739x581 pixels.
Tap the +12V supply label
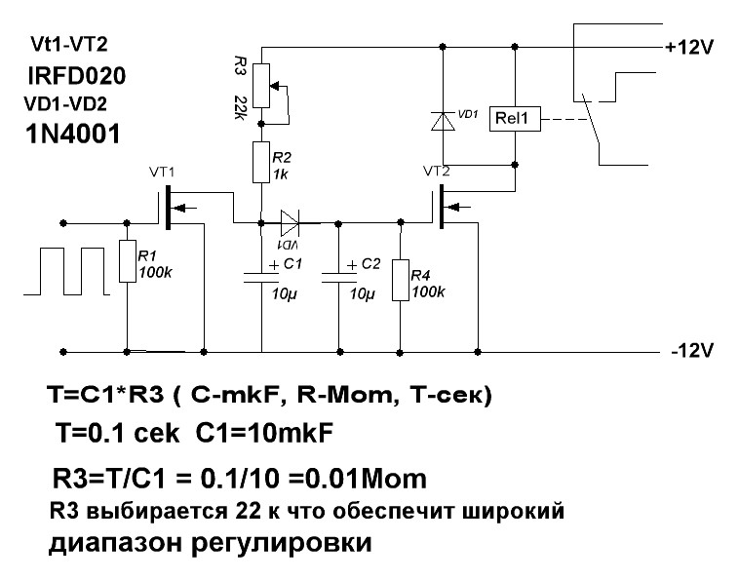[691, 47]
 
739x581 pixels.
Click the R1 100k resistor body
[128, 261]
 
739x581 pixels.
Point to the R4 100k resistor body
[401, 281]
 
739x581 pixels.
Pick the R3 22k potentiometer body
[262, 86]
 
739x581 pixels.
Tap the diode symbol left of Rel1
[444, 121]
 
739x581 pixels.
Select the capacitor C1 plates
[262, 276]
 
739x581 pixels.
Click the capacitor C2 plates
[338, 276]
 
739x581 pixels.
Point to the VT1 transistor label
[162, 173]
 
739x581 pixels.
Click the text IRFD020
[77, 76]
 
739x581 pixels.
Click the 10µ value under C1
[284, 294]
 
